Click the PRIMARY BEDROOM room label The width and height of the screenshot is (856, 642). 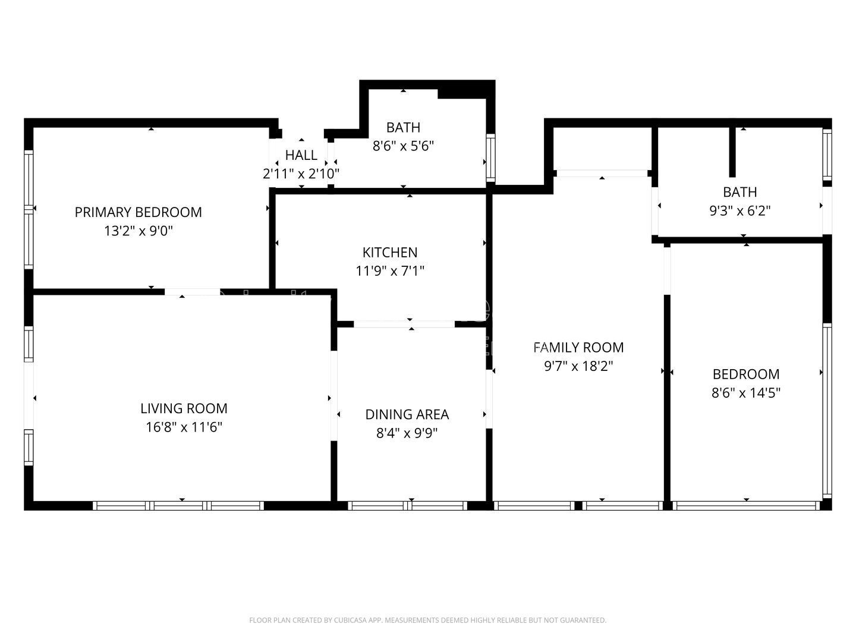coord(138,212)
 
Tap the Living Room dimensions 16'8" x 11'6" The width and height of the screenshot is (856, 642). coord(184,427)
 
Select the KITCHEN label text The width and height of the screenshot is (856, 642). coord(389,253)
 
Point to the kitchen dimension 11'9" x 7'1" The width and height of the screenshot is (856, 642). coord(389,271)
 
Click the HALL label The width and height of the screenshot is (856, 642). coord(301,155)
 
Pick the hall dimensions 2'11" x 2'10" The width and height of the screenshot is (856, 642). coord(301,174)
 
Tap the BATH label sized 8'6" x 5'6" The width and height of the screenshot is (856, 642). coord(403,127)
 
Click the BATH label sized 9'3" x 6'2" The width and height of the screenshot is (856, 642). coord(740,192)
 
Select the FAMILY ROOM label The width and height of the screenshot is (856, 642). coord(578,347)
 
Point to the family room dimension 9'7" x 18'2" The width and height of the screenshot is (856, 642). coord(578,366)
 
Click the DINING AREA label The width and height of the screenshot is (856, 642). coord(407,414)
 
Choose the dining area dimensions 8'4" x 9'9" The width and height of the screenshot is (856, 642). coord(407,433)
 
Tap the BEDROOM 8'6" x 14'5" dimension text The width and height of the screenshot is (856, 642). coord(745,392)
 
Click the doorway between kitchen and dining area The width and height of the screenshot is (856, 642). coord(404,324)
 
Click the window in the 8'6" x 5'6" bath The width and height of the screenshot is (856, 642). coord(490,158)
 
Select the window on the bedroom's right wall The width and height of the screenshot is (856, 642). coord(827,411)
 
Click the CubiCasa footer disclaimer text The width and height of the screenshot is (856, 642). coord(428,620)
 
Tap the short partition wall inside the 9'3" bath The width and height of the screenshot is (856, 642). coord(732,152)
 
